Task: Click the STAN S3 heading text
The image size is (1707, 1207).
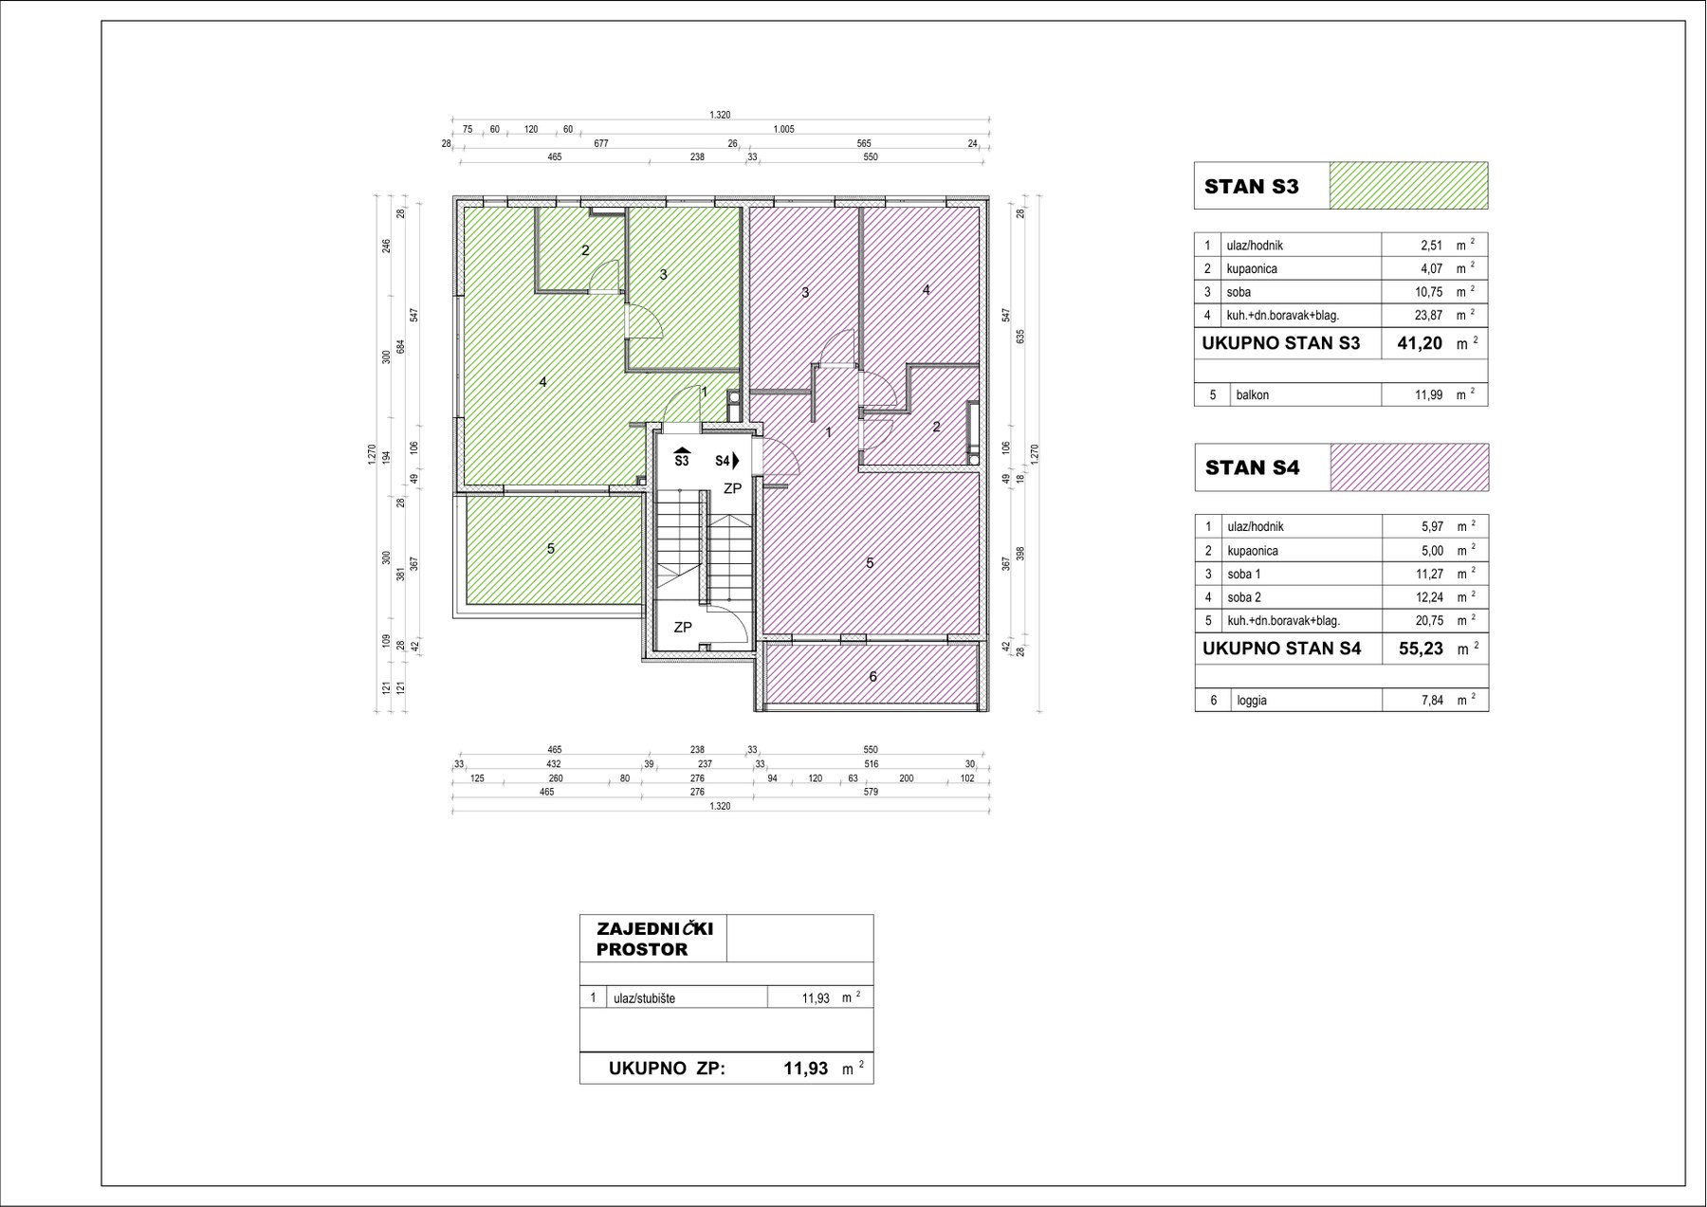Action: [x=1251, y=187]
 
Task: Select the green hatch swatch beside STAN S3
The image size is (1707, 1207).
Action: [x=1409, y=186]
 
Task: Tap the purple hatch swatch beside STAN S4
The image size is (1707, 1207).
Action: [x=1409, y=467]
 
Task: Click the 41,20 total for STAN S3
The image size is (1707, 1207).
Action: [x=1420, y=343]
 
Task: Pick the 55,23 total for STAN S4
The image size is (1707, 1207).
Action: [x=1422, y=649]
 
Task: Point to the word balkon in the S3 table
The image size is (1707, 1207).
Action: [x=1253, y=395]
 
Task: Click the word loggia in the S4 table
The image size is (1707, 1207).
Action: [x=1252, y=702]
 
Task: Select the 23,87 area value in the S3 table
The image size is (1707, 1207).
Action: [x=1429, y=316]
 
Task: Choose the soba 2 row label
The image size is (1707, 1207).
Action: [x=1244, y=597]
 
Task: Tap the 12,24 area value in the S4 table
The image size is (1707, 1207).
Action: [x=1429, y=597]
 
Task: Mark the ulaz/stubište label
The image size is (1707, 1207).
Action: [x=645, y=998]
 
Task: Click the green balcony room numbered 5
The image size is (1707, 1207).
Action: [x=550, y=549]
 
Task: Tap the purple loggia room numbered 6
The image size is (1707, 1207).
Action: [x=872, y=676]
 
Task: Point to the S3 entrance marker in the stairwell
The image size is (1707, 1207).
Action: [x=682, y=457]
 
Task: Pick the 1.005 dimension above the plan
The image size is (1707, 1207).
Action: [x=783, y=130]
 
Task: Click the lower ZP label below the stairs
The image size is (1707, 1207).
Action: [x=682, y=627]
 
